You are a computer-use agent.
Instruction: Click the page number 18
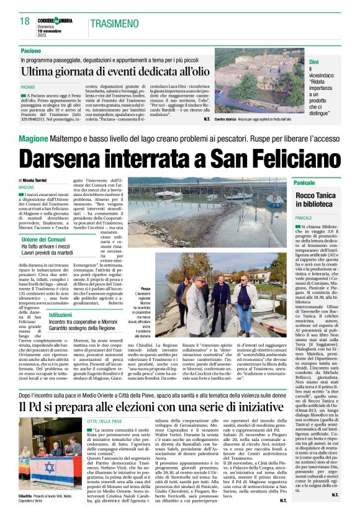(24, 21)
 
